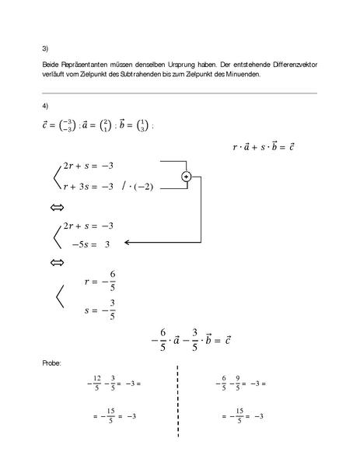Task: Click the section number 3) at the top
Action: tap(45, 47)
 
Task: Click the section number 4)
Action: tap(45, 106)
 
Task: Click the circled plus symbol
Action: tap(186, 177)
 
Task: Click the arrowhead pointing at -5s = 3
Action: tap(129, 243)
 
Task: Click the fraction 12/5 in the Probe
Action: tap(96, 383)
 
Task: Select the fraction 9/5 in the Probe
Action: tap(236, 383)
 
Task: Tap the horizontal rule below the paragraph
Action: tap(180, 93)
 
